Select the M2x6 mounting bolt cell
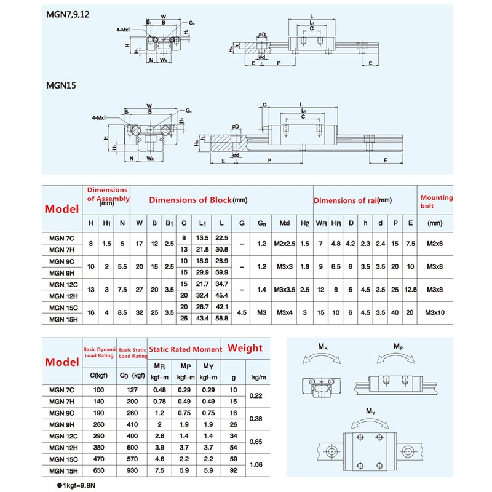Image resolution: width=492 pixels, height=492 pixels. point(435,244)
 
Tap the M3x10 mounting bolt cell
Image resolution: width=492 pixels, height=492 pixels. point(435,312)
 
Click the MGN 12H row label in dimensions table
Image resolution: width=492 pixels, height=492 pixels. point(61,295)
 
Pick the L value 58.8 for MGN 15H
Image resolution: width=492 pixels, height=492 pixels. point(222,318)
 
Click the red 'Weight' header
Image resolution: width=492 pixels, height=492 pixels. point(245,348)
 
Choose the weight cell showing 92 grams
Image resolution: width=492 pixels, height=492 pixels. point(232,470)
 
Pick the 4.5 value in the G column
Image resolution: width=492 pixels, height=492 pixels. point(242,312)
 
